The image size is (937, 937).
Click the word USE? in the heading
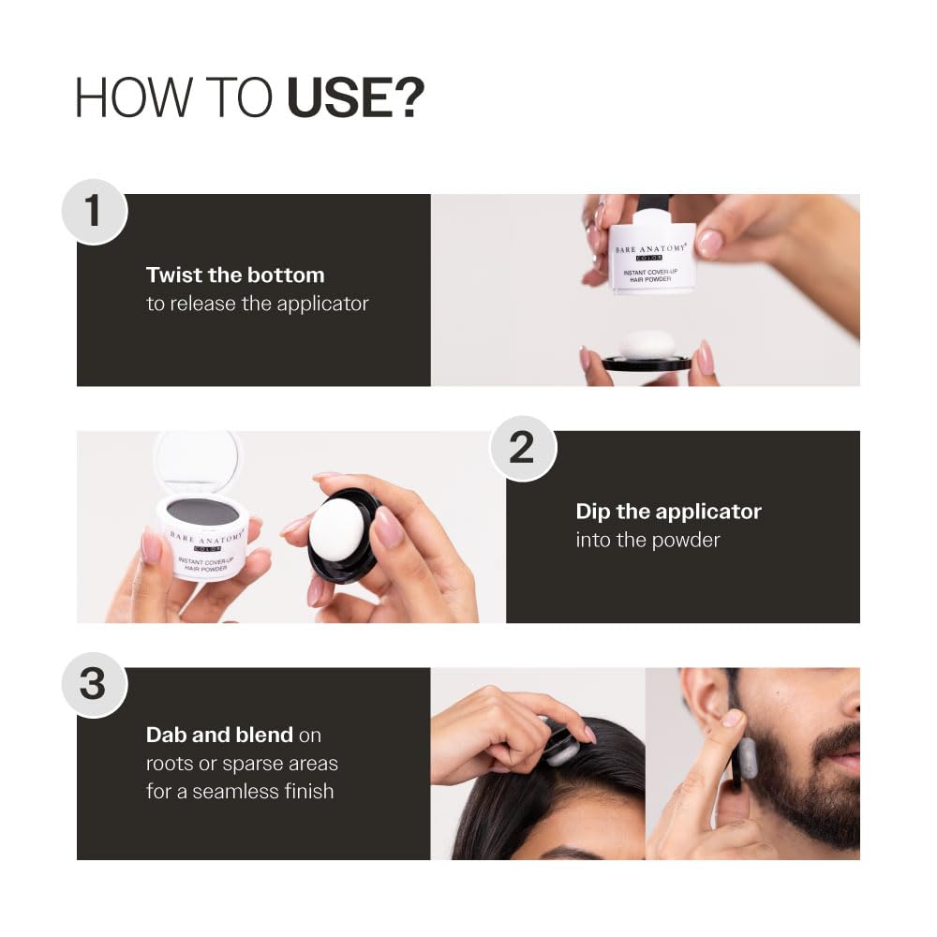click(355, 97)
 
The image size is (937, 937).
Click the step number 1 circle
click(94, 211)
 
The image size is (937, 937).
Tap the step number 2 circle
click(522, 448)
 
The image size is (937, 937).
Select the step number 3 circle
click(94, 684)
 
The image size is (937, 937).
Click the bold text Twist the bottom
click(235, 275)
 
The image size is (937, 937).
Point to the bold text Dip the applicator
click(668, 512)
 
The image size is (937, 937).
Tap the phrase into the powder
click(647, 540)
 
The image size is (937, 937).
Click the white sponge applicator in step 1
click(647, 344)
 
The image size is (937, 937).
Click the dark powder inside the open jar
click(202, 512)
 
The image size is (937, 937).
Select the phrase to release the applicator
click(258, 304)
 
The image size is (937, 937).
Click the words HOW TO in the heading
click(174, 97)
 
